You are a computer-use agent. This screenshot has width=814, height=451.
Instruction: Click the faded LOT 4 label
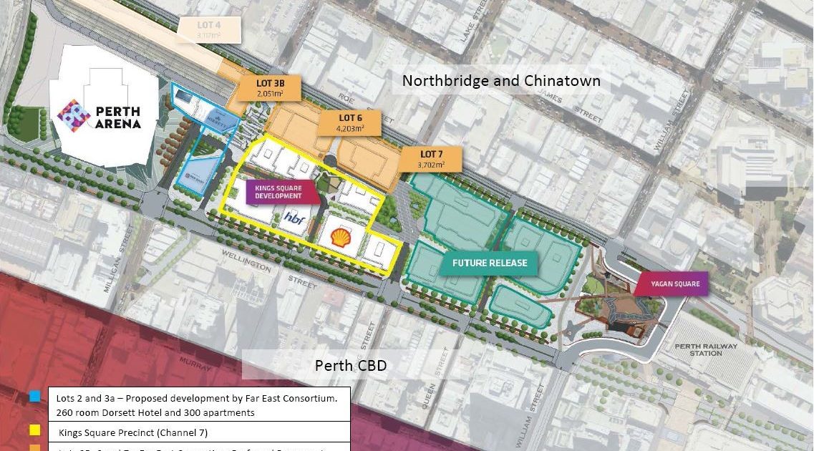tap(208, 29)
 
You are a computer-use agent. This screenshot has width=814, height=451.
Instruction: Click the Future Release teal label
tap(490, 263)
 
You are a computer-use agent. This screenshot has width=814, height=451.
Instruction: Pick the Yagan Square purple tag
tap(671, 284)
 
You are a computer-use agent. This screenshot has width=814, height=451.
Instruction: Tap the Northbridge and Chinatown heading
tap(501, 80)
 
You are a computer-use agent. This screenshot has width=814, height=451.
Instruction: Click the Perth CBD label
tap(351, 366)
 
